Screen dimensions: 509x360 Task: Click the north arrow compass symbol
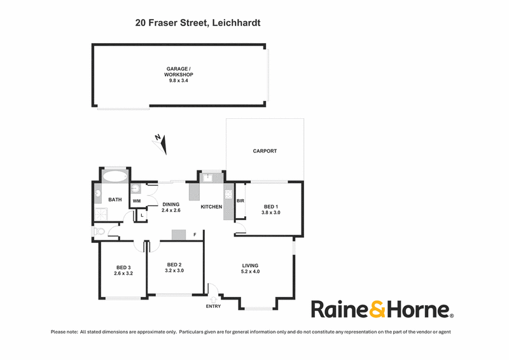coord(161,144)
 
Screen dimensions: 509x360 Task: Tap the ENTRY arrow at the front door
coord(214,300)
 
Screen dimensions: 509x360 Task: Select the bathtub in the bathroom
coord(115,177)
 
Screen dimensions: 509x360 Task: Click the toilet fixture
coord(99,232)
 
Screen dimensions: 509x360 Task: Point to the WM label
coord(137,201)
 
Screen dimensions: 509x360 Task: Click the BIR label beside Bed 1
coord(241,201)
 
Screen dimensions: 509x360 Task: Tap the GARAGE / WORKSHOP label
coord(179,72)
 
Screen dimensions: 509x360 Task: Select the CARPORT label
coord(265,151)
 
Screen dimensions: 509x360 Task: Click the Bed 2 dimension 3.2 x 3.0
coord(174,270)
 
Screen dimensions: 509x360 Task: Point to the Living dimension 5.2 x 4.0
coord(250,272)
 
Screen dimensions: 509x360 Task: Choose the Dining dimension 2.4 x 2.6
coord(171,210)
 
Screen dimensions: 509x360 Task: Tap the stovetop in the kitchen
coord(228,194)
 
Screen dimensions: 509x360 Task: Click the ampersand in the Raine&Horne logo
coord(377,309)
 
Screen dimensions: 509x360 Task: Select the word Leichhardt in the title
coord(236,23)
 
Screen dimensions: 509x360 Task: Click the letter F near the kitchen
coord(195,234)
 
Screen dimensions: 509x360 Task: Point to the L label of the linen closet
coord(142,215)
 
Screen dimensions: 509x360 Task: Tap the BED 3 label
coord(123,268)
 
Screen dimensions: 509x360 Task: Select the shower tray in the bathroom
coord(101,214)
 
